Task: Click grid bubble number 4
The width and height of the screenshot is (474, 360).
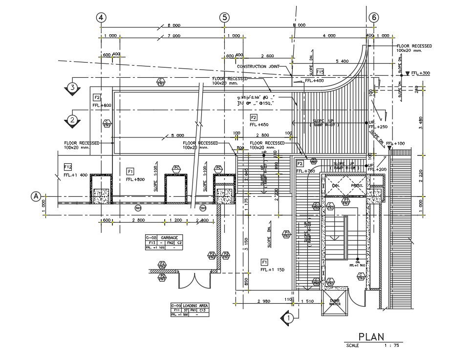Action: (101, 17)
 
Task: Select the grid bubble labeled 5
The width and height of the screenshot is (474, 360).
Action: (224, 17)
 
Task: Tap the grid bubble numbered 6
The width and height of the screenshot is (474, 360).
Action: (374, 17)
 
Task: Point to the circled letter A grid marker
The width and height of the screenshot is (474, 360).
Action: (36, 196)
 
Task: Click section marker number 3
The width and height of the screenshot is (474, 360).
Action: (72, 88)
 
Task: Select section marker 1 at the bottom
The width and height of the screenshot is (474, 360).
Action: (288, 317)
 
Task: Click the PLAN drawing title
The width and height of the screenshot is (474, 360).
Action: (371, 337)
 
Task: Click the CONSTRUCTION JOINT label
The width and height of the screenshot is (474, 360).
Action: (259, 67)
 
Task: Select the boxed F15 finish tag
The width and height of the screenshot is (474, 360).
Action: (320, 72)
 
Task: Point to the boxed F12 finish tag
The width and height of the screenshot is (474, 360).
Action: (68, 167)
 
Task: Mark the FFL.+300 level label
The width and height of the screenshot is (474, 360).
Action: (420, 73)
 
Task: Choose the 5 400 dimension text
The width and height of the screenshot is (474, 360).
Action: (342, 61)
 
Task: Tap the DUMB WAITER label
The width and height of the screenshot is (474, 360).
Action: (335, 302)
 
